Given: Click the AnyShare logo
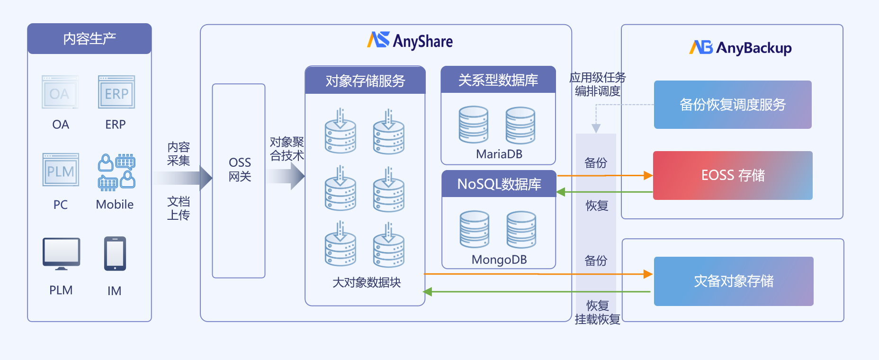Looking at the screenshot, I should pyautogui.click(x=410, y=41).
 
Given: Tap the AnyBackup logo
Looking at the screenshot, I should pyautogui.click(x=740, y=47).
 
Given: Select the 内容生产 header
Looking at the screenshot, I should pyautogui.click(x=90, y=39).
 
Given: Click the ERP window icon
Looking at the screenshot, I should pyautogui.click(x=117, y=92).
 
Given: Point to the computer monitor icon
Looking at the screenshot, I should pyautogui.click(x=61, y=254).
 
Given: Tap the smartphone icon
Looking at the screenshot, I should pyautogui.click(x=115, y=254).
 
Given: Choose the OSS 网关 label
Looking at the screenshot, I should pyautogui.click(x=240, y=170).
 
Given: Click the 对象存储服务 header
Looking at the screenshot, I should pyautogui.click(x=365, y=81).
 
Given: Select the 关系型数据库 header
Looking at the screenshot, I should pyautogui.click(x=498, y=80).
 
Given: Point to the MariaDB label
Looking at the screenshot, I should pyautogui.click(x=499, y=154).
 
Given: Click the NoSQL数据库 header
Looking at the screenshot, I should pyautogui.click(x=499, y=184).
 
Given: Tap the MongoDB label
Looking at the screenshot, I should pyautogui.click(x=499, y=260).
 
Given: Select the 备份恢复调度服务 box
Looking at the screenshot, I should pyautogui.click(x=733, y=105).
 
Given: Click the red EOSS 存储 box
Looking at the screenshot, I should pyautogui.click(x=733, y=175).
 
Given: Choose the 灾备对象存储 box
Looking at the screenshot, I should pyautogui.click(x=734, y=281).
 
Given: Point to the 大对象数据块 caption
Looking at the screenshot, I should pyautogui.click(x=367, y=282).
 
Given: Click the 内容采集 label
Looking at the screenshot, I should pyautogui.click(x=179, y=154).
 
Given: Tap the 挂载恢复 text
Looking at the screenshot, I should pyautogui.click(x=597, y=320).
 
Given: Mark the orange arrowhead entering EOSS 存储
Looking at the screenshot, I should pyautogui.click(x=648, y=176).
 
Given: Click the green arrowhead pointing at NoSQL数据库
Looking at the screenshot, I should pyautogui.click(x=561, y=192).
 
